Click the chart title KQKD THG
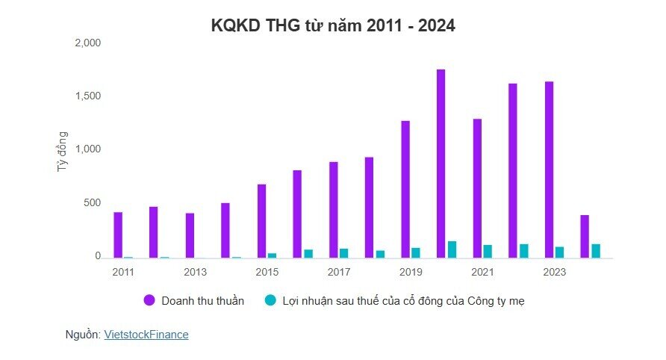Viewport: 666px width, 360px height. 333,25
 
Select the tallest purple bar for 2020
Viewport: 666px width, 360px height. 441,164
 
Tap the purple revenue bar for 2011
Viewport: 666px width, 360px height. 118,235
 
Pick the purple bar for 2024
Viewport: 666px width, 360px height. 585,236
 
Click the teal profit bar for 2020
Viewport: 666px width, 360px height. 452,249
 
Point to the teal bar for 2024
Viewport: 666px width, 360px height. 596,250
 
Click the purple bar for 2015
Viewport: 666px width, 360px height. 261,220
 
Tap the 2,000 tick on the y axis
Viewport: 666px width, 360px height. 87,43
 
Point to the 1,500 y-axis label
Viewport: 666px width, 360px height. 87,96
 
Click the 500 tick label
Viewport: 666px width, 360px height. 92,203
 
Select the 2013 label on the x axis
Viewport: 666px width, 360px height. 195,272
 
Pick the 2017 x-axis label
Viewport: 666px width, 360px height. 338,272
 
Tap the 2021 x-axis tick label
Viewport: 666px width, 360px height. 482,272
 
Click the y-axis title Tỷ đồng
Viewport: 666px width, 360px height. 63,152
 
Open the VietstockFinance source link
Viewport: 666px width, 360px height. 146,335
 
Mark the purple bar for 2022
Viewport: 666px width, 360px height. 513,170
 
